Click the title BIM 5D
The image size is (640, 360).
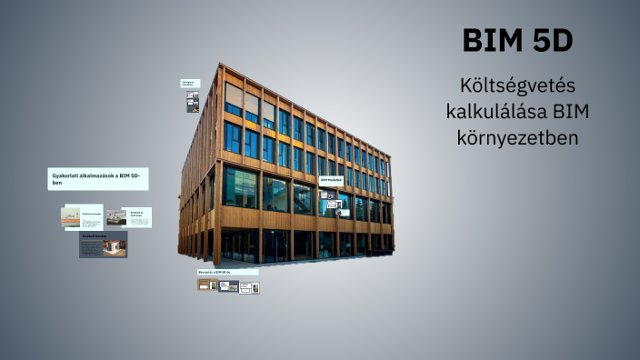[x=517, y=41]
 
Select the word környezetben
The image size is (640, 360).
[x=517, y=138]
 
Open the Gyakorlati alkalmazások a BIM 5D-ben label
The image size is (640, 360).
[x=98, y=179]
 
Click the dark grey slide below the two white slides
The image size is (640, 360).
[x=103, y=244]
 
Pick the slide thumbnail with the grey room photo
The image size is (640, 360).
[x=127, y=217]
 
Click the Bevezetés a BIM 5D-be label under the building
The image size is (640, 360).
[x=227, y=272]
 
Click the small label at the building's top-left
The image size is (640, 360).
[x=190, y=83]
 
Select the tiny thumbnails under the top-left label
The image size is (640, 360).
[x=193, y=102]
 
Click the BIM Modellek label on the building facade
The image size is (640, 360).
[x=331, y=181]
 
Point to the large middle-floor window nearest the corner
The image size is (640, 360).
[x=242, y=186]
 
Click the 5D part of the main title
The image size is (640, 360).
[x=550, y=41]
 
